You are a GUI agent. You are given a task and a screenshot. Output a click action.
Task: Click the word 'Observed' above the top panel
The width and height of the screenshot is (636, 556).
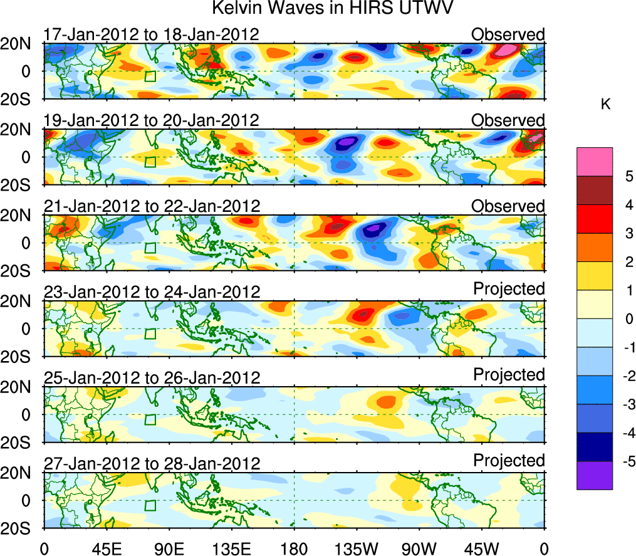click(x=508, y=34)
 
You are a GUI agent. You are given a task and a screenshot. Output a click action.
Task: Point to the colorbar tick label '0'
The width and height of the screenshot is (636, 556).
click(x=613, y=319)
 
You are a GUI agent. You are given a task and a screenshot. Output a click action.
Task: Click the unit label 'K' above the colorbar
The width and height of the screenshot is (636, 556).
click(x=605, y=105)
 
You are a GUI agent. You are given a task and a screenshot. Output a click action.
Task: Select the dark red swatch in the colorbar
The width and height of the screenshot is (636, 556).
click(x=594, y=191)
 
